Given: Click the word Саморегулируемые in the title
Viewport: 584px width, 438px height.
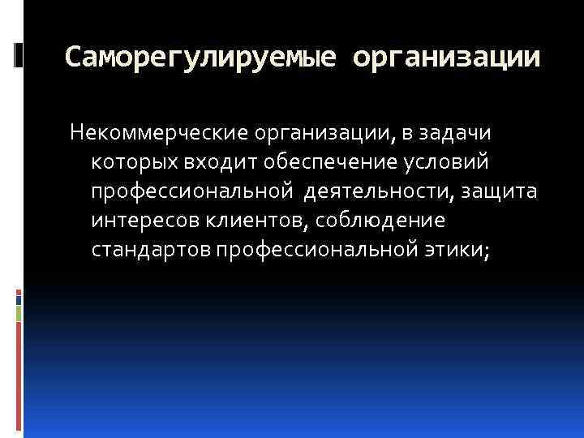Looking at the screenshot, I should pos(199,58).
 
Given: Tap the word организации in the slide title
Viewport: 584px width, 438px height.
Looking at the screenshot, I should pos(447,58).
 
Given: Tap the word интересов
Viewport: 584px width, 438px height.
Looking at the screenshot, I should pos(137,221).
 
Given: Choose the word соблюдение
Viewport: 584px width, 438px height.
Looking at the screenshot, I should pos(376,221).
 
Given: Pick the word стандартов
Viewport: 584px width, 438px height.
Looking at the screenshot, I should pos(152,251).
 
